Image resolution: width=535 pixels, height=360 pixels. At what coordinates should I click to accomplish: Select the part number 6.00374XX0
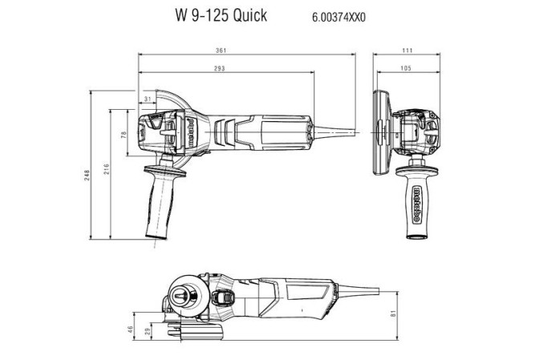tap(339, 16)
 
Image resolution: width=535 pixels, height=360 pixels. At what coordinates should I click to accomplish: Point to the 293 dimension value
tap(218, 69)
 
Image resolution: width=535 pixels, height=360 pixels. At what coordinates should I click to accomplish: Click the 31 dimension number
tap(147, 99)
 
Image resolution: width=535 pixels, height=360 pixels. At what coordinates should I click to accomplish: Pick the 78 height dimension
tap(124, 134)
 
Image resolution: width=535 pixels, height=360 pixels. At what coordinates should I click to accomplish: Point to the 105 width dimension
tap(406, 69)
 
